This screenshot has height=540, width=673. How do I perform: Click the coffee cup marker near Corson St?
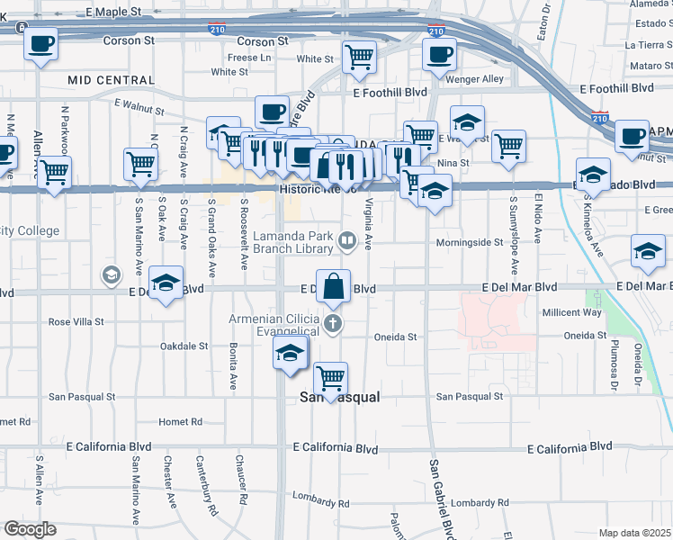(x=40, y=44)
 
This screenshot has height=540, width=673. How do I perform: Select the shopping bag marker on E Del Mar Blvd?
(x=333, y=286)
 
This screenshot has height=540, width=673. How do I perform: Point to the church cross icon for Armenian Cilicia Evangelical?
(x=333, y=324)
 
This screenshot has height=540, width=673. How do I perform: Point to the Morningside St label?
(x=469, y=242)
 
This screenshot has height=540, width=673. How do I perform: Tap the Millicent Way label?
(x=570, y=312)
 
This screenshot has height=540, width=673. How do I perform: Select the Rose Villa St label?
(x=76, y=321)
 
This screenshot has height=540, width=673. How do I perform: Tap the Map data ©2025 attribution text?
(x=634, y=533)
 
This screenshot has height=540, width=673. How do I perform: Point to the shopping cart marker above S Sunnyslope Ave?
(x=508, y=145)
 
